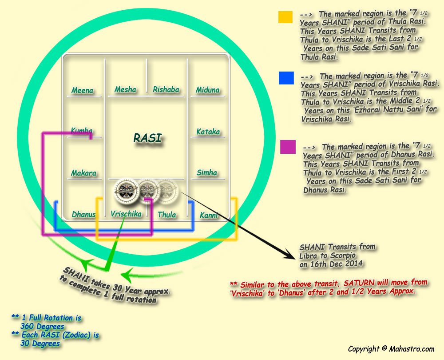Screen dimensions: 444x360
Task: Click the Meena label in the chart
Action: coord(83,91)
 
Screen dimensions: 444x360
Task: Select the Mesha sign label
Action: coord(125,90)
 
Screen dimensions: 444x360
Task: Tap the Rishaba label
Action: coord(166,90)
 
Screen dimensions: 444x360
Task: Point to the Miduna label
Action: coord(208,90)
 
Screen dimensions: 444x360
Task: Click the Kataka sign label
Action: coord(208,132)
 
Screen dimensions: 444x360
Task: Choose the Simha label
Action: coord(207,172)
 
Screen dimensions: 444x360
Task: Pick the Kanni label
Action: coord(209,216)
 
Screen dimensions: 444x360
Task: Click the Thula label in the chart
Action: coord(167,215)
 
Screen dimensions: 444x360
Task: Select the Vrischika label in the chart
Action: coord(126,214)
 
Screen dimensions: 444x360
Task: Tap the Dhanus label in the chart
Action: coord(84,215)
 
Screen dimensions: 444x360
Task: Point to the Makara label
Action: coord(83,173)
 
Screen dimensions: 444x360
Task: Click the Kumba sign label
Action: coord(82,131)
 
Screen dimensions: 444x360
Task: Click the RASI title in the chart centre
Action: coord(147,139)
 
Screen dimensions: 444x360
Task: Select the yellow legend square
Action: coord(285,16)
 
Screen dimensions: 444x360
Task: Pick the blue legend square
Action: coord(286,78)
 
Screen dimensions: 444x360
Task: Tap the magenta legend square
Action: coord(288,147)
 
